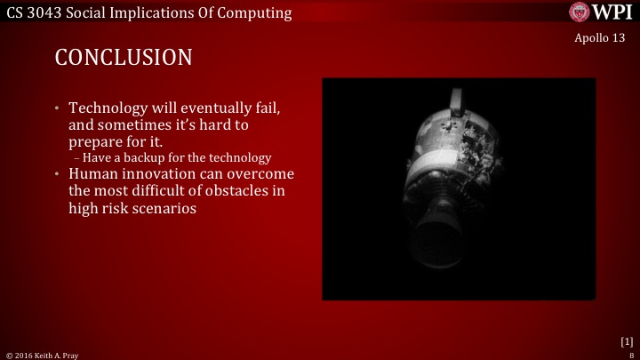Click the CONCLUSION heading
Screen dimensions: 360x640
[x=124, y=58]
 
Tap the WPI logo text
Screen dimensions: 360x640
[x=612, y=12]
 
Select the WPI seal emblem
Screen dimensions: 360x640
[x=580, y=12]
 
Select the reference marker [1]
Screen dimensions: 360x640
[x=626, y=340]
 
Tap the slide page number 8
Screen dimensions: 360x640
[x=630, y=355]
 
